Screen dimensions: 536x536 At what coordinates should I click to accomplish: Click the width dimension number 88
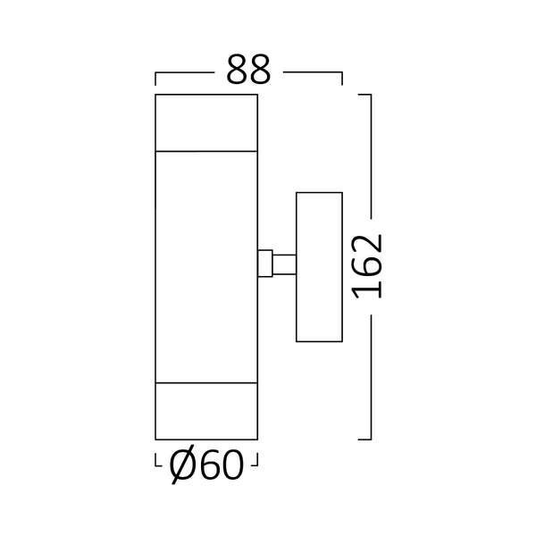tap(248, 71)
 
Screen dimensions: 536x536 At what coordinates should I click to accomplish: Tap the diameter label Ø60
tap(206, 465)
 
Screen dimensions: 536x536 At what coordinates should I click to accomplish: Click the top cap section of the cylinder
tap(206, 122)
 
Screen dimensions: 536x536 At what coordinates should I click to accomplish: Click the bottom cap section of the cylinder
tap(206, 411)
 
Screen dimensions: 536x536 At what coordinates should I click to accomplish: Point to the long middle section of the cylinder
tap(206, 266)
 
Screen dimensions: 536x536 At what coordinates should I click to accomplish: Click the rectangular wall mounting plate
tap(319, 266)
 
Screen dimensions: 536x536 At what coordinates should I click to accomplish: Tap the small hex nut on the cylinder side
tap(264, 264)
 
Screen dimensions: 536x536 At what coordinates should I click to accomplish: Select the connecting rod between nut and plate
tap(284, 264)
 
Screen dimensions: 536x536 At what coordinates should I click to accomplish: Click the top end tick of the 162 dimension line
tap(364, 94)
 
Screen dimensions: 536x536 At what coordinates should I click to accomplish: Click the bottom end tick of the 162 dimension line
tap(364, 439)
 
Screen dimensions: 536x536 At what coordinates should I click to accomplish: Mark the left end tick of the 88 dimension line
tap(156, 79)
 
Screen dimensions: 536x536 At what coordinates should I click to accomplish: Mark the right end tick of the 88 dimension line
tap(342, 79)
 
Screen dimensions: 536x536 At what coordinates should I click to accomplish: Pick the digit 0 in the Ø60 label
tap(230, 465)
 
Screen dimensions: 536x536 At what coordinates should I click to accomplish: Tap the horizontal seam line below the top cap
tap(206, 151)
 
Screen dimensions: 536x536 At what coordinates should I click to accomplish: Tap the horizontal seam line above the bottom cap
tap(206, 383)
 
